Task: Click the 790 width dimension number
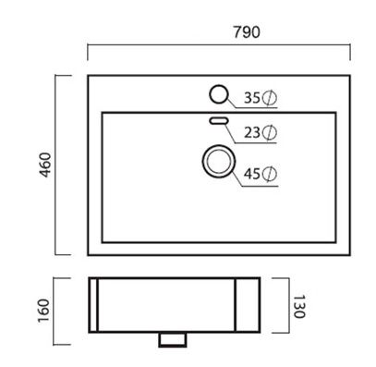pyautogui.click(x=247, y=32)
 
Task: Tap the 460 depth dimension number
pyautogui.click(x=45, y=165)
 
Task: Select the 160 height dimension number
pyautogui.click(x=43, y=311)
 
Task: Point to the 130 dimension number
pyautogui.click(x=298, y=307)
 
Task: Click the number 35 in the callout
pyautogui.click(x=252, y=98)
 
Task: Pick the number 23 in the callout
pyautogui.click(x=252, y=132)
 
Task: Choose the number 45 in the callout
pyautogui.click(x=252, y=174)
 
